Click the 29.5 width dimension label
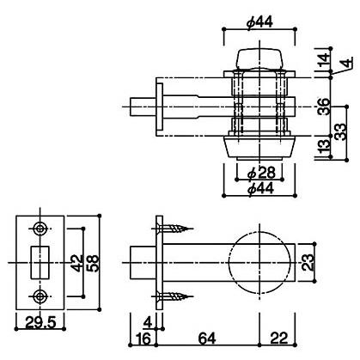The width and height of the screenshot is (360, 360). [x=40, y=323]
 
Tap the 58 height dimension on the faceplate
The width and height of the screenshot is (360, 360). [x=94, y=263]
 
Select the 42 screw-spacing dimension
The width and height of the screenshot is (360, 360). [x=76, y=263]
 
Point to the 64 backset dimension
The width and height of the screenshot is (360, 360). [x=207, y=339]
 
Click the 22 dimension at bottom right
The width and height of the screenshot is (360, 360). [x=278, y=339]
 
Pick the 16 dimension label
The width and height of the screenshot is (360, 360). [x=143, y=339]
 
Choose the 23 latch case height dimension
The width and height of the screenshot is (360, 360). [x=308, y=262]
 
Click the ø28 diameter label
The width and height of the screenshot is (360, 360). [x=261, y=173]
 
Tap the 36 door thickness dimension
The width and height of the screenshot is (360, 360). [x=324, y=107]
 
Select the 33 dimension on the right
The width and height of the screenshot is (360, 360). [x=340, y=132]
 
